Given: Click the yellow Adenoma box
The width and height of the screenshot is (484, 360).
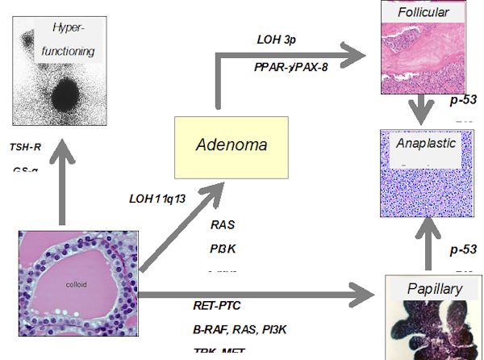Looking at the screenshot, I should [x=233, y=147].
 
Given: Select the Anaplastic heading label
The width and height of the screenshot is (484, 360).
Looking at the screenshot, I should [x=426, y=144].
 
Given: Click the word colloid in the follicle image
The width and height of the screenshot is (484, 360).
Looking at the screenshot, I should [x=77, y=284].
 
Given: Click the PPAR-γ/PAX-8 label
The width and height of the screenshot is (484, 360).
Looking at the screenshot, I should [x=291, y=67].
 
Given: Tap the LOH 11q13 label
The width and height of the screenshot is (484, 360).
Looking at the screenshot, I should [x=163, y=198].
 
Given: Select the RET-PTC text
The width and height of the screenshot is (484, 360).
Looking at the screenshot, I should [x=217, y=305].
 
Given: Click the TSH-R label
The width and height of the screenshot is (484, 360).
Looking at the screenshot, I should [x=27, y=147].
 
